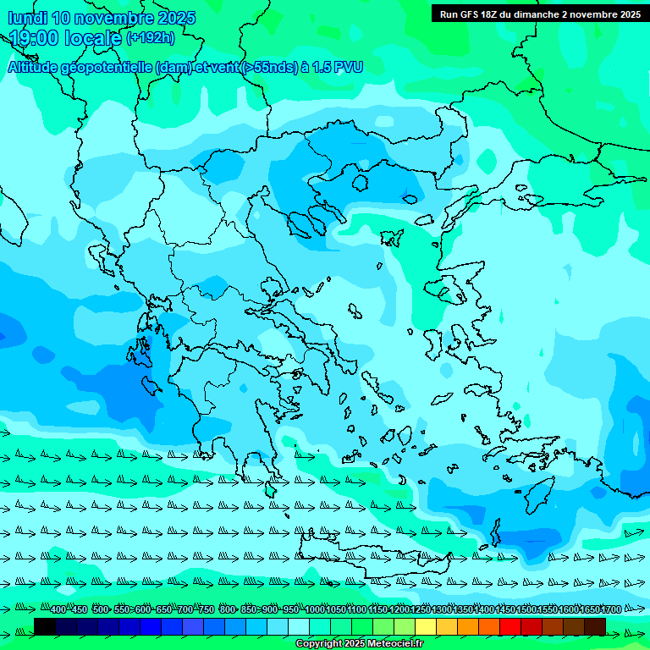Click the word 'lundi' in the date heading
pyautogui.click(x=27, y=18)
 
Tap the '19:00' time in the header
pyautogui.click(x=33, y=38)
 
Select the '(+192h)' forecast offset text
pyautogui.click(x=151, y=38)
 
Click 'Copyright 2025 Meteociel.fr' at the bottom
pyautogui.click(x=360, y=644)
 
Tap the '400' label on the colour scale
pyautogui.click(x=58, y=610)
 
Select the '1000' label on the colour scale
pyautogui.click(x=314, y=610)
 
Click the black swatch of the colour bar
pyautogui.click(x=45, y=626)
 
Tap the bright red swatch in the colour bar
pyautogui.click(x=510, y=626)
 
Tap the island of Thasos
pyautogui.click(x=360, y=183)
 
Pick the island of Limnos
pyautogui.click(x=391, y=238)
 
